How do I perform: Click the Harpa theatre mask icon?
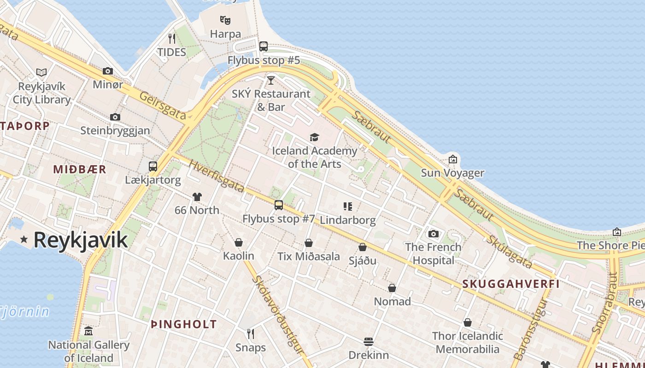tap(225, 20)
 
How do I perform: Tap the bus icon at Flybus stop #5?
tap(264, 46)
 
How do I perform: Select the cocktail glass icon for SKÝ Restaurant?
tap(271, 80)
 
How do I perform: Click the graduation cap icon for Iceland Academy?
tap(314, 137)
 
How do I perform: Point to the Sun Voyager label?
tap(452, 173)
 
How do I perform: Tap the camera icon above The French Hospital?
tap(433, 234)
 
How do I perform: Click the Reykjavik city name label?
tap(80, 240)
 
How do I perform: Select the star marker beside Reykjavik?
tap(24, 240)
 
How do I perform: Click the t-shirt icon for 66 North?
tap(197, 197)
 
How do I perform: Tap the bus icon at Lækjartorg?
tap(153, 166)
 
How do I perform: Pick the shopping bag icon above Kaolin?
tap(239, 242)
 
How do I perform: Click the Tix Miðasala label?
tap(309, 256)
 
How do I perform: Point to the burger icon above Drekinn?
tap(368, 342)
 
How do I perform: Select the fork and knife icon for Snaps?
tap(251, 333)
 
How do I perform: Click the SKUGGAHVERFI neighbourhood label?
tap(511, 284)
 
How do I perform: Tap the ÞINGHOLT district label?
tap(184, 324)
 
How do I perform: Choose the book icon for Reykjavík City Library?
tap(41, 72)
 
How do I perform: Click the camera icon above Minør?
tap(108, 71)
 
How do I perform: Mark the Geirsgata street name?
tap(162, 106)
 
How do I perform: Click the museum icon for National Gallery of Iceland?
tap(88, 331)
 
